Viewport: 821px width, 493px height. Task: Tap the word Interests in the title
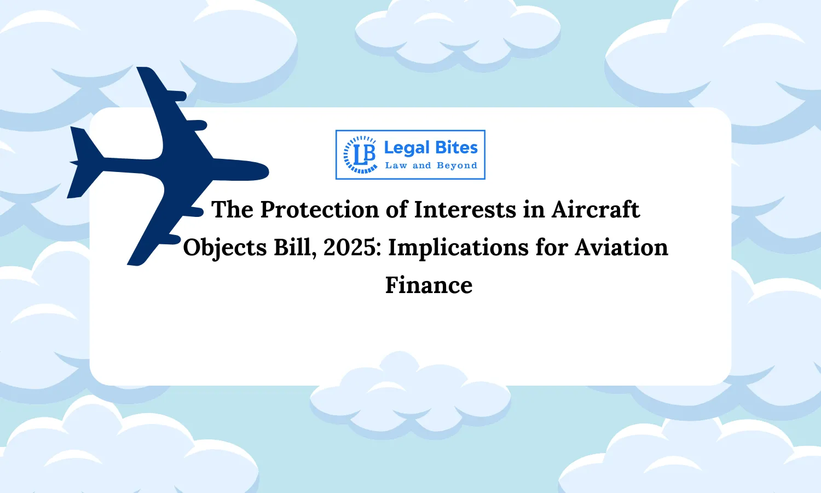[465, 210]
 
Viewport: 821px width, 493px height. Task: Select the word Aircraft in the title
[595, 210]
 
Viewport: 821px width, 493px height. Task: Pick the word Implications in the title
[458, 248]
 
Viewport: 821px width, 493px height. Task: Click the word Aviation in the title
[621, 248]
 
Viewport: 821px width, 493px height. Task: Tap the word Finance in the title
[429, 285]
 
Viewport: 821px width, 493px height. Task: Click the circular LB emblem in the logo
[360, 154]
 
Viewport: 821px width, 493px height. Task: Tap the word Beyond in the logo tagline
[457, 166]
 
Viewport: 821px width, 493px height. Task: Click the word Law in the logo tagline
[396, 165]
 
